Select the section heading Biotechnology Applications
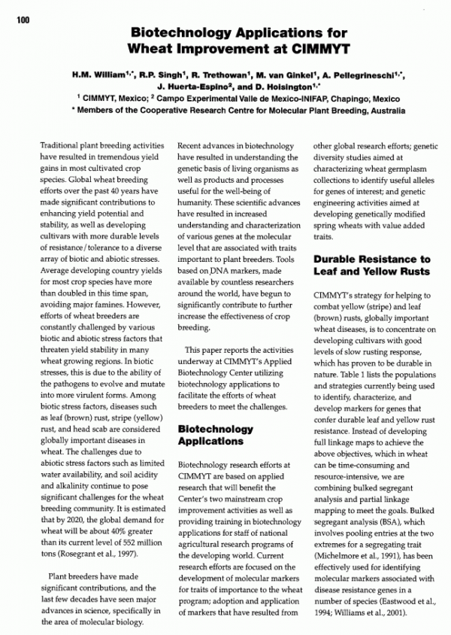pyautogui.click(x=215, y=434)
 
